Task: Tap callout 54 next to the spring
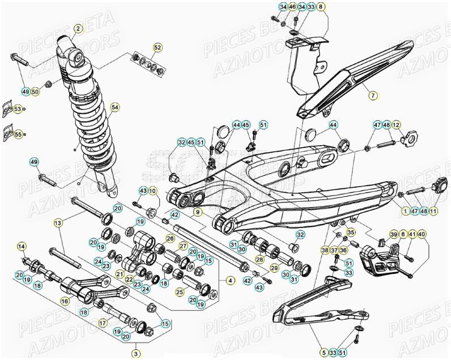pyautogui.click(x=115, y=107)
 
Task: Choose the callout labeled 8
pyautogui.click(x=322, y=7)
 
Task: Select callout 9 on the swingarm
pyautogui.click(x=198, y=212)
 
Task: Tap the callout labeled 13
pyautogui.click(x=58, y=223)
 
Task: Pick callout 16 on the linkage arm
pyautogui.click(x=66, y=301)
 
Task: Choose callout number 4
pyautogui.click(x=230, y=279)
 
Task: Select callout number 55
pyautogui.click(x=18, y=134)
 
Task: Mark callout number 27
pyautogui.click(x=183, y=246)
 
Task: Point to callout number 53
pyautogui.click(x=18, y=108)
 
